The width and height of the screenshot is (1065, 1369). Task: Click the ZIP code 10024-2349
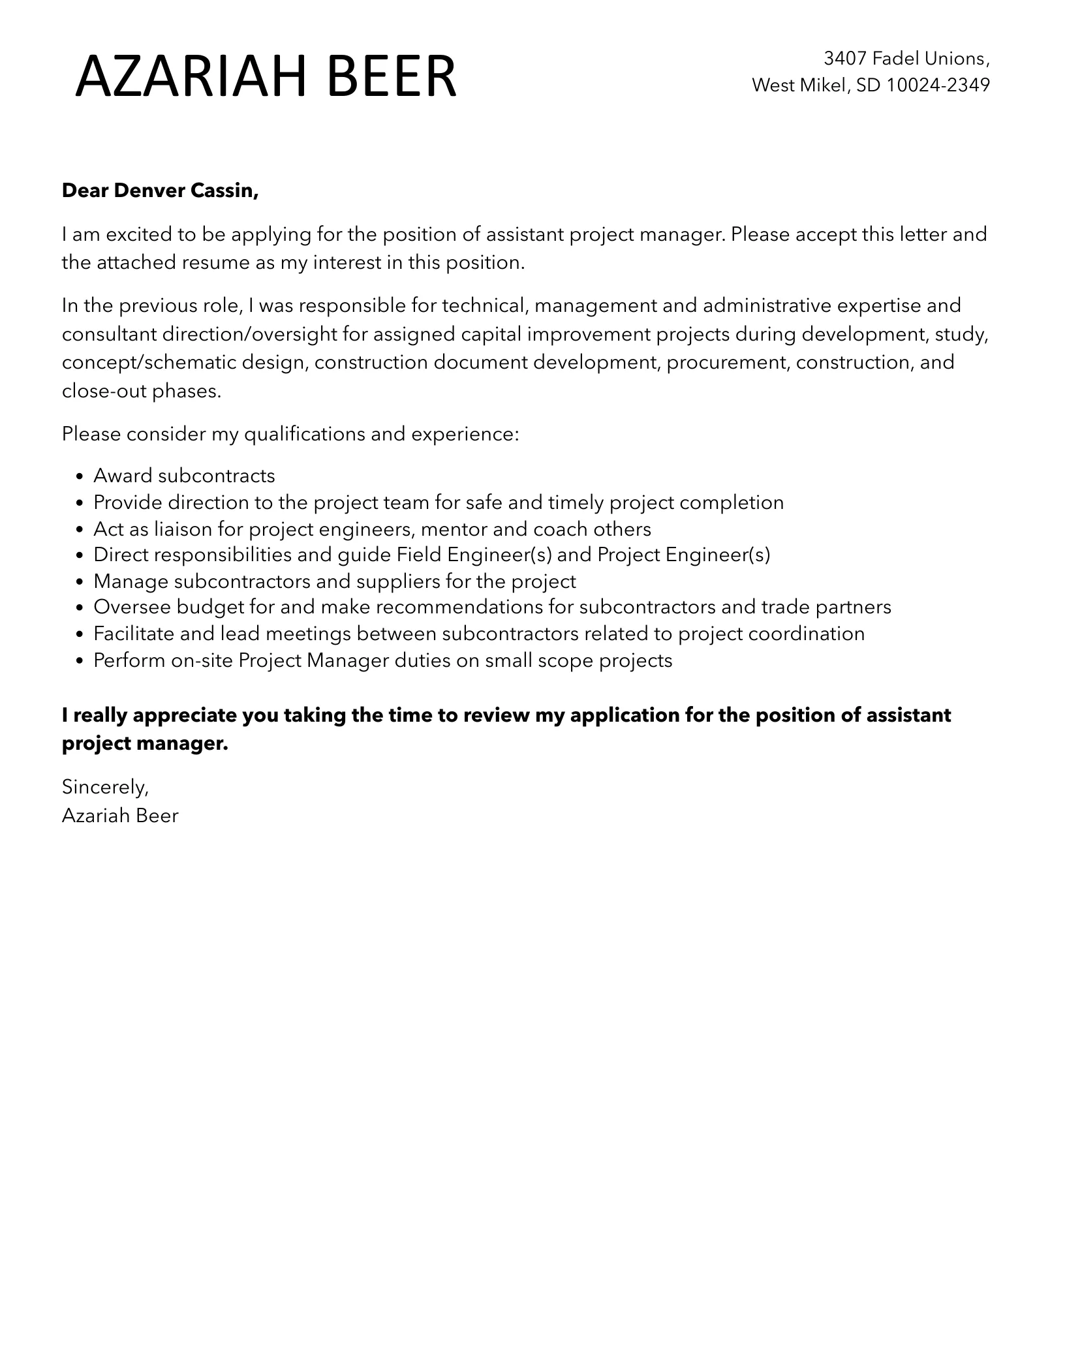[938, 85]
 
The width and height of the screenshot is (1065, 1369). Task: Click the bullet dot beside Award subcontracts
[80, 477]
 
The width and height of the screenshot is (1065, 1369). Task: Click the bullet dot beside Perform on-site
[80, 662]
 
